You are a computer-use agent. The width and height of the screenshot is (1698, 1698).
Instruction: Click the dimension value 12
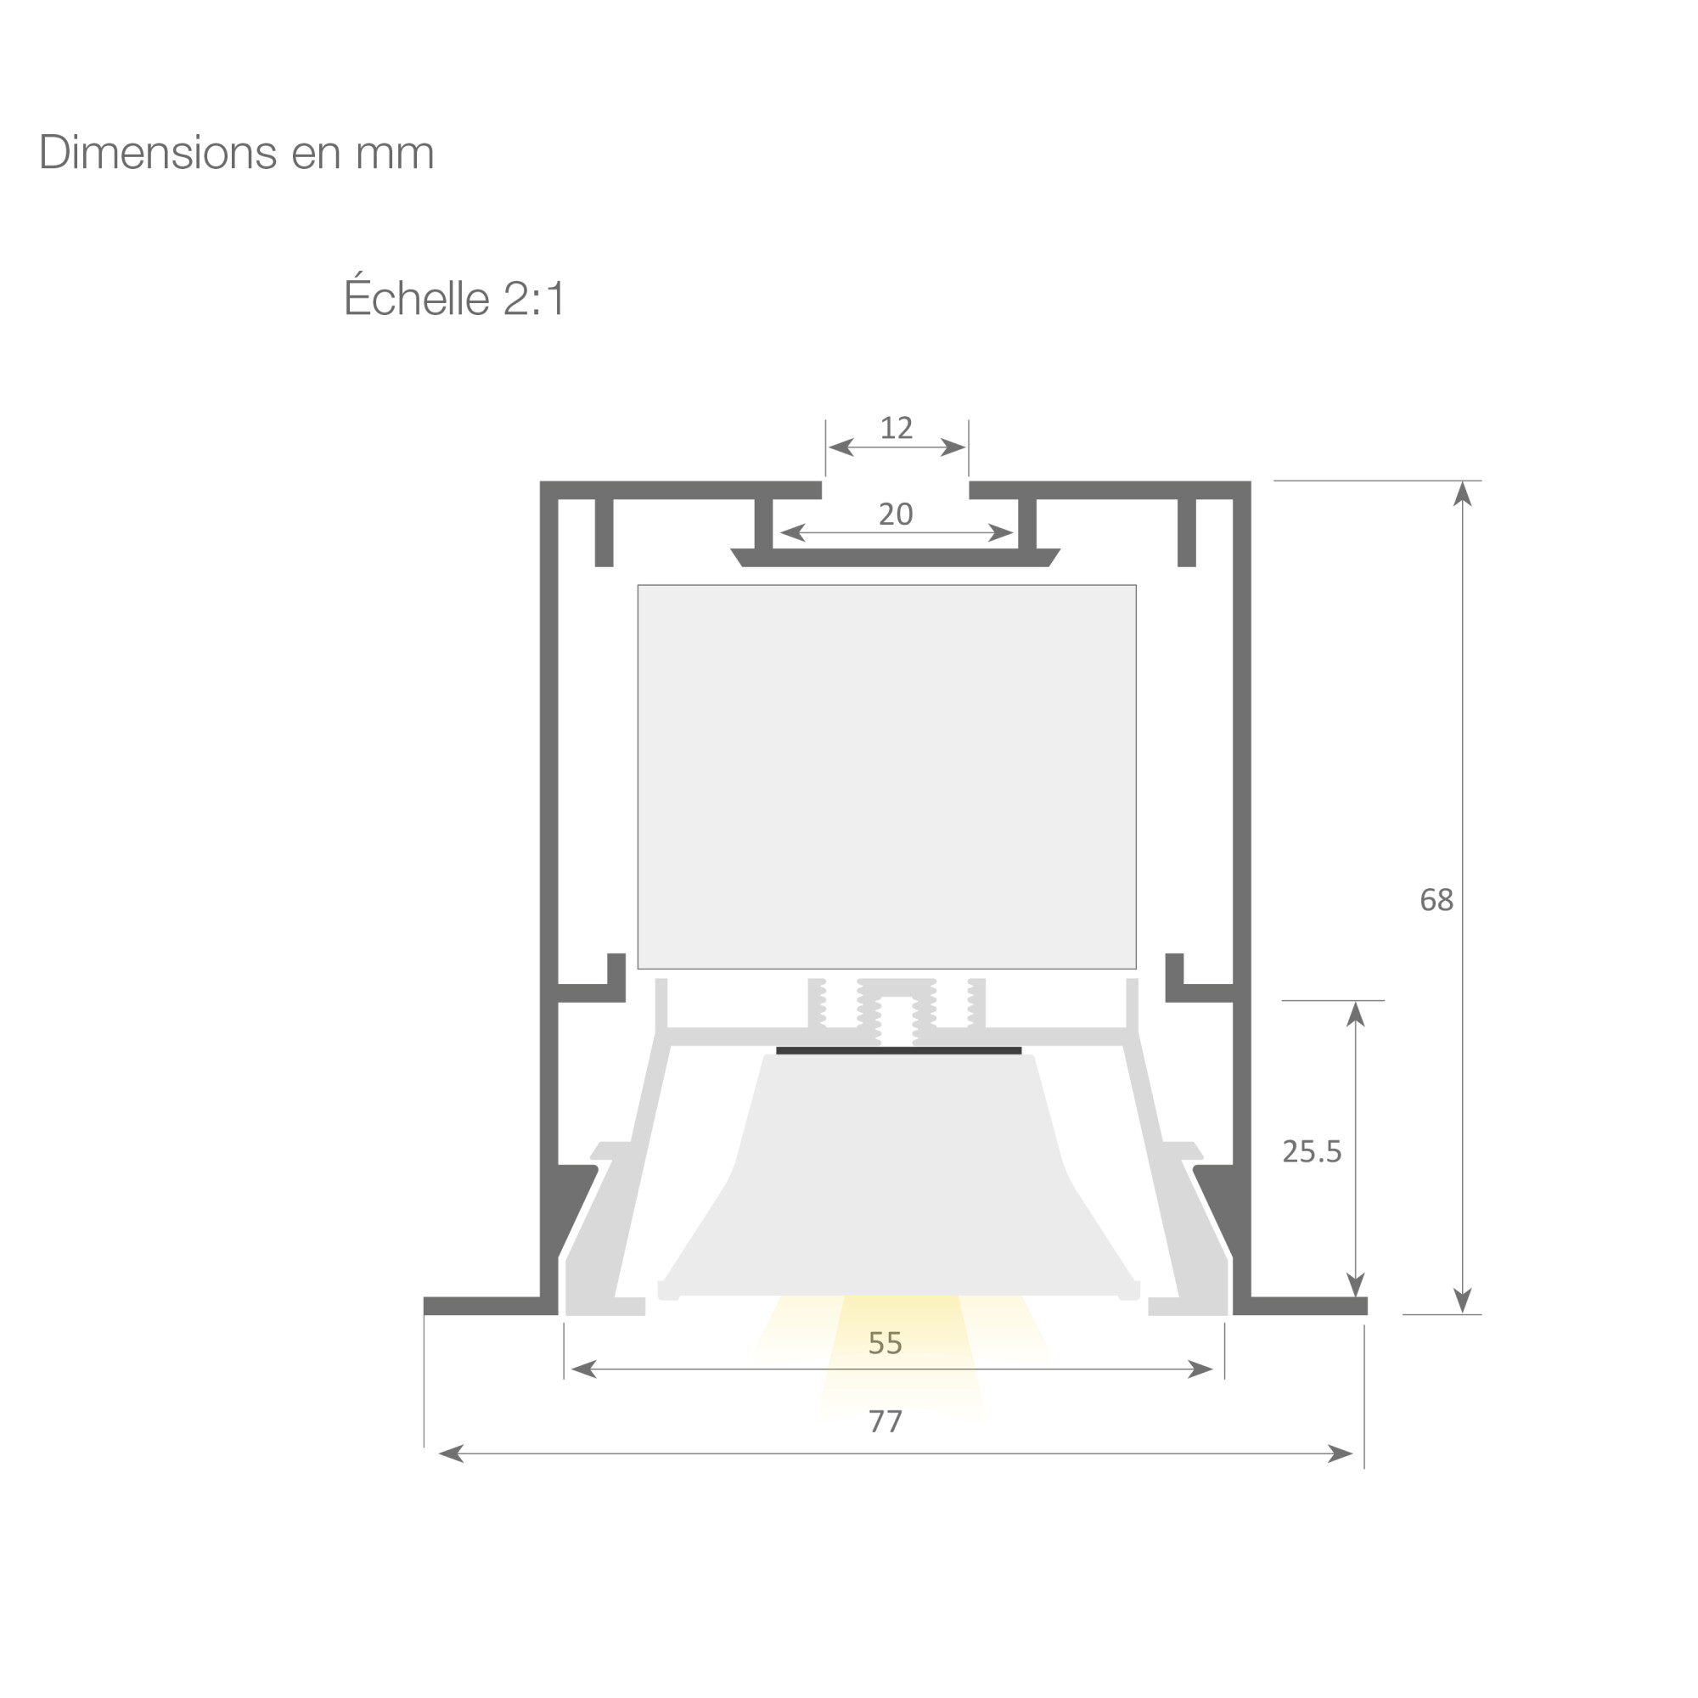[x=897, y=428]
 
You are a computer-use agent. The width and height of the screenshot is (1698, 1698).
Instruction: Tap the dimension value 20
[x=896, y=514]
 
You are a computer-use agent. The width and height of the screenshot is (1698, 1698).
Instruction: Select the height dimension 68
[x=1437, y=900]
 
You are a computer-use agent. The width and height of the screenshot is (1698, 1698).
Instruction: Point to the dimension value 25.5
[x=1313, y=1151]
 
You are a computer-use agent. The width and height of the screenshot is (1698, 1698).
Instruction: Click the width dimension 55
[x=885, y=1343]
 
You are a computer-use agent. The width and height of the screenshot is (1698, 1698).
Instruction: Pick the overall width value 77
[x=885, y=1421]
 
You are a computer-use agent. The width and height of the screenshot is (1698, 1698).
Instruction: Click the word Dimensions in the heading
[x=158, y=152]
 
